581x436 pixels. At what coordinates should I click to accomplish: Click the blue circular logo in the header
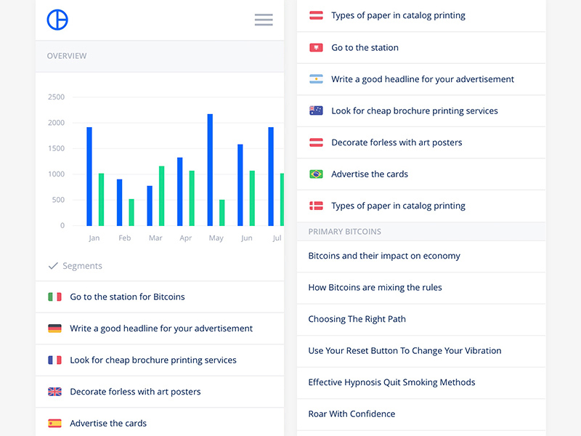click(57, 20)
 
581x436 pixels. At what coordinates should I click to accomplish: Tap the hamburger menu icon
click(264, 20)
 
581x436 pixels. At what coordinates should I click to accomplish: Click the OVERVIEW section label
click(67, 56)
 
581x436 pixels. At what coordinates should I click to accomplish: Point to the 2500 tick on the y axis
click(56, 97)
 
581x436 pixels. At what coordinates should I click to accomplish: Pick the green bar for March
click(161, 195)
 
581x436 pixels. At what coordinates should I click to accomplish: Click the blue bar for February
click(120, 202)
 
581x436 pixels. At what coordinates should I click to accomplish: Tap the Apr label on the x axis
click(186, 238)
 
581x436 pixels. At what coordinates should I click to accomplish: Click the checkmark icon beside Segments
click(53, 266)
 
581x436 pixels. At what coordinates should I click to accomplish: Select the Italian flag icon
click(54, 296)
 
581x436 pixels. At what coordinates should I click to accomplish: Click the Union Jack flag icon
click(54, 392)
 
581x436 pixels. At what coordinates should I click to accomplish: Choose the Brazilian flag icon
click(316, 174)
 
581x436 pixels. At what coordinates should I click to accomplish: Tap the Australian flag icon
click(316, 111)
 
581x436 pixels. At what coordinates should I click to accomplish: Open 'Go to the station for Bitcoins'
click(127, 296)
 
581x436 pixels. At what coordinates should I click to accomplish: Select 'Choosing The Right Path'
click(357, 319)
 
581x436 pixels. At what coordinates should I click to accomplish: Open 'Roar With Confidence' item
click(352, 413)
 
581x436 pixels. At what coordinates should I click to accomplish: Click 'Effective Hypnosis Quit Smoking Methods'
click(391, 382)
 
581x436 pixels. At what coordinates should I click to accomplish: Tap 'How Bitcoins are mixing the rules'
click(375, 287)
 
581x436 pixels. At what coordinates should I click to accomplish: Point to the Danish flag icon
click(316, 206)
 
